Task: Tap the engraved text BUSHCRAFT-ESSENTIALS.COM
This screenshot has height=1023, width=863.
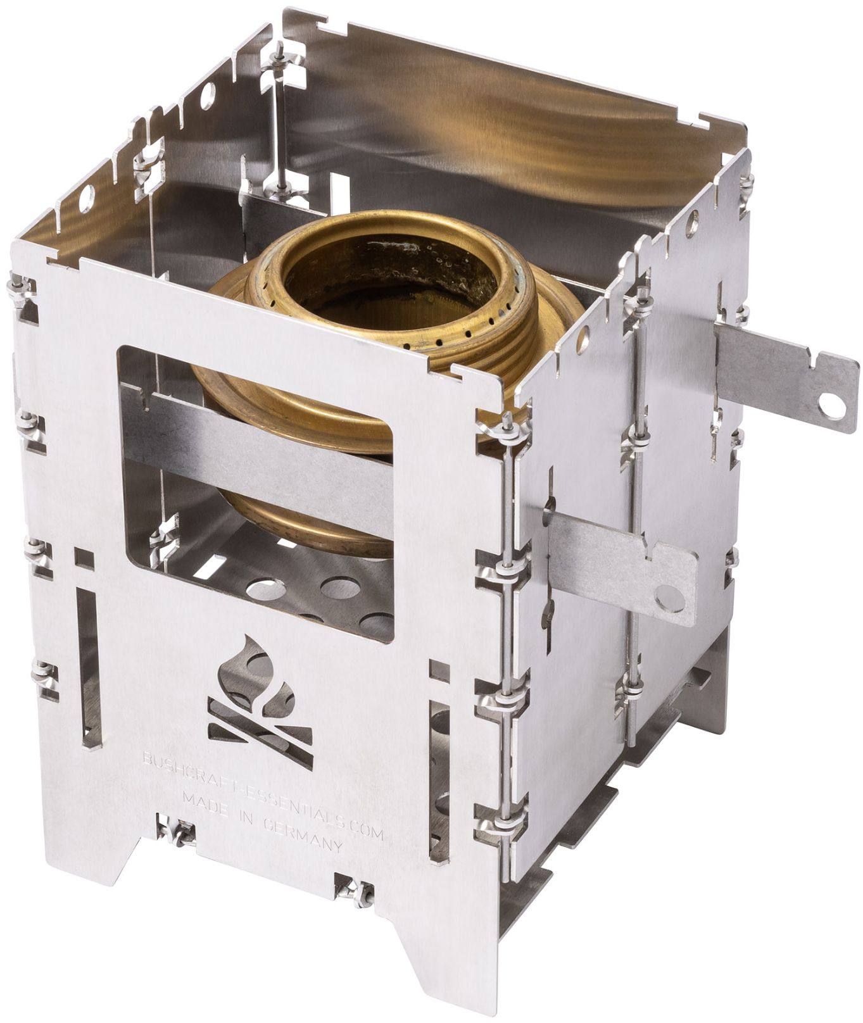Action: [262, 789]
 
